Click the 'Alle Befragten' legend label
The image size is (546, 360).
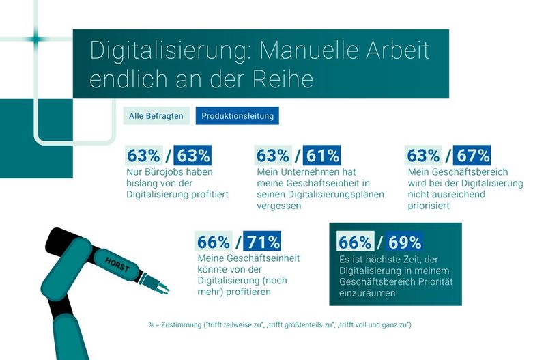tap(156, 116)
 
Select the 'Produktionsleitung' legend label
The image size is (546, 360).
tap(237, 116)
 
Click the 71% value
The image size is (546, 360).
tap(262, 242)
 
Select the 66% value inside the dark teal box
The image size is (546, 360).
tap(355, 242)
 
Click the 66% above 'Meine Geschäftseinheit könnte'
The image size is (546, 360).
tap(214, 242)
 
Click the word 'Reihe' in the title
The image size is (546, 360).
tap(282, 79)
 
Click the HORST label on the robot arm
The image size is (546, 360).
tap(117, 262)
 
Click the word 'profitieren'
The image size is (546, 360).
tap(245, 292)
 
